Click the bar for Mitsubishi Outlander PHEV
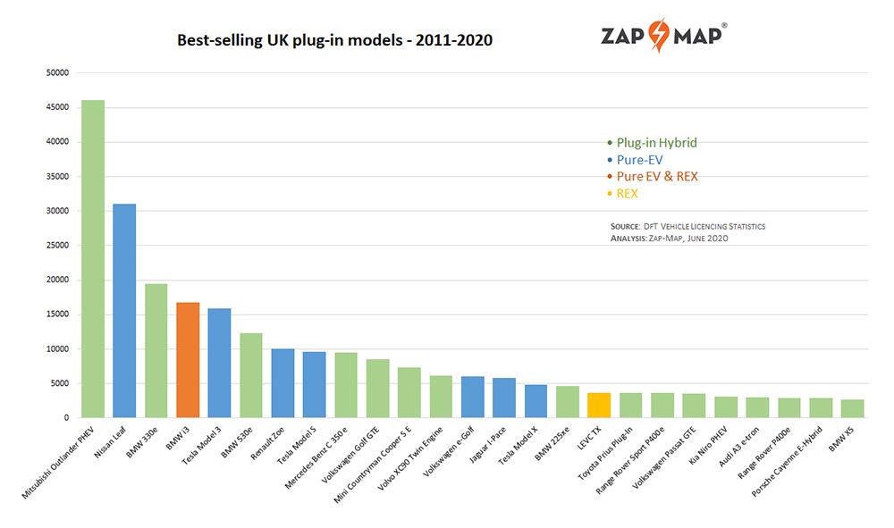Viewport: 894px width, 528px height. click(x=93, y=259)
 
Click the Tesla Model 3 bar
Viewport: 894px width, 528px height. click(x=219, y=363)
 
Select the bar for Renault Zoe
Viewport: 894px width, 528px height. click(x=283, y=383)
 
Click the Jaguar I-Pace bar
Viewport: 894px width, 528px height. click(x=504, y=398)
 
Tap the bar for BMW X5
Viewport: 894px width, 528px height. click(x=852, y=408)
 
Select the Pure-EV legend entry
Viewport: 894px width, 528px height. click(x=639, y=159)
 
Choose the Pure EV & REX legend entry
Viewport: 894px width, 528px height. click(x=657, y=176)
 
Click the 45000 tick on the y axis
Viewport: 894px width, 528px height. click(x=57, y=107)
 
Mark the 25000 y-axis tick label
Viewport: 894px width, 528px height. click(x=57, y=246)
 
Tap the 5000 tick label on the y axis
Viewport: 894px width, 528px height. click(x=60, y=383)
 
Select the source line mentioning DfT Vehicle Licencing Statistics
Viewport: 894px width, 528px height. click(x=687, y=226)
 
